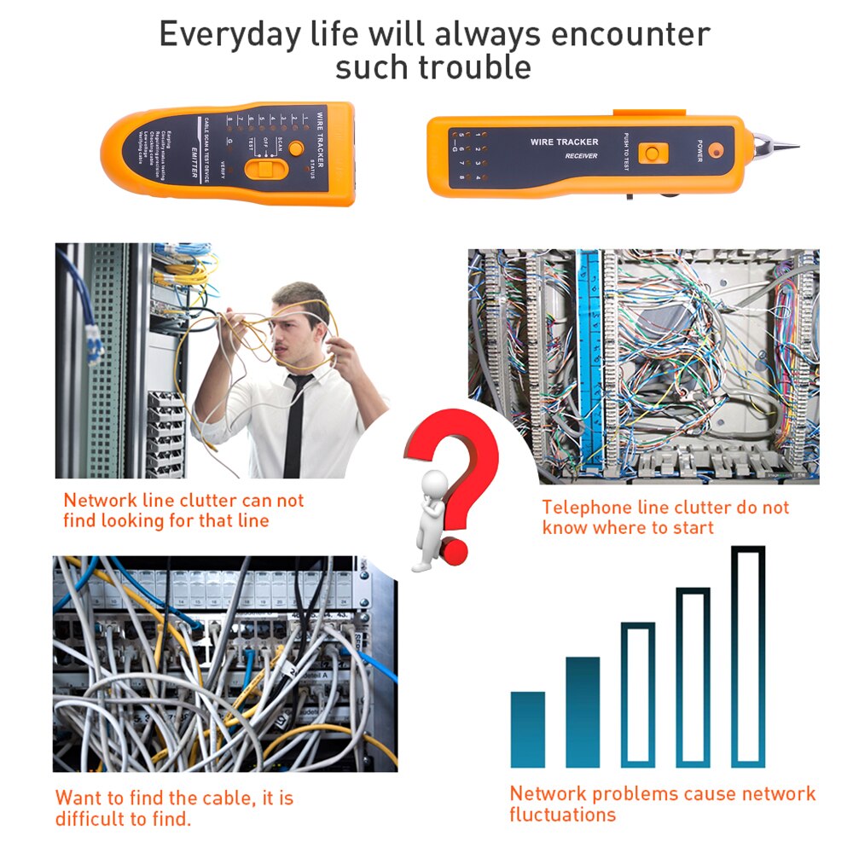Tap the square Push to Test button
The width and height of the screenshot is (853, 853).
[x=653, y=154]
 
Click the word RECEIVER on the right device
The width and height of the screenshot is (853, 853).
[x=581, y=157]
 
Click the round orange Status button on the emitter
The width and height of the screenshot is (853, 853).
[x=296, y=148]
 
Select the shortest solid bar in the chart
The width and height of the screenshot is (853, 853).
[x=527, y=729]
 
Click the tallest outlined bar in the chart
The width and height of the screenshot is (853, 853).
[x=748, y=657]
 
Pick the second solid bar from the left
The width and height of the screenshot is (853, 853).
[x=583, y=712]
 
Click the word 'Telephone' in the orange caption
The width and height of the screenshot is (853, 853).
[x=587, y=508]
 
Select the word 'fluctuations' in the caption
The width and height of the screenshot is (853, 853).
[x=562, y=815]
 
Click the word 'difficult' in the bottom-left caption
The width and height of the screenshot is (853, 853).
[x=93, y=820]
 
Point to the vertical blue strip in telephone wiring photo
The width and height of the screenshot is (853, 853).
[x=589, y=358]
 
